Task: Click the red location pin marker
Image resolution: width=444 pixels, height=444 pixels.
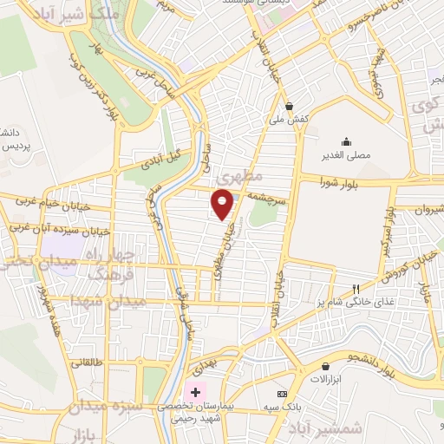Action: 223,204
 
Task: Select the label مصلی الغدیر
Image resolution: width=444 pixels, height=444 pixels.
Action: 347,155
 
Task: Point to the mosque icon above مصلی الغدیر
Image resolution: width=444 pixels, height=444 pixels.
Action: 347,142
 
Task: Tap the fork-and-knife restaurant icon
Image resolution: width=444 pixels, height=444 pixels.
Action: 355,289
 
